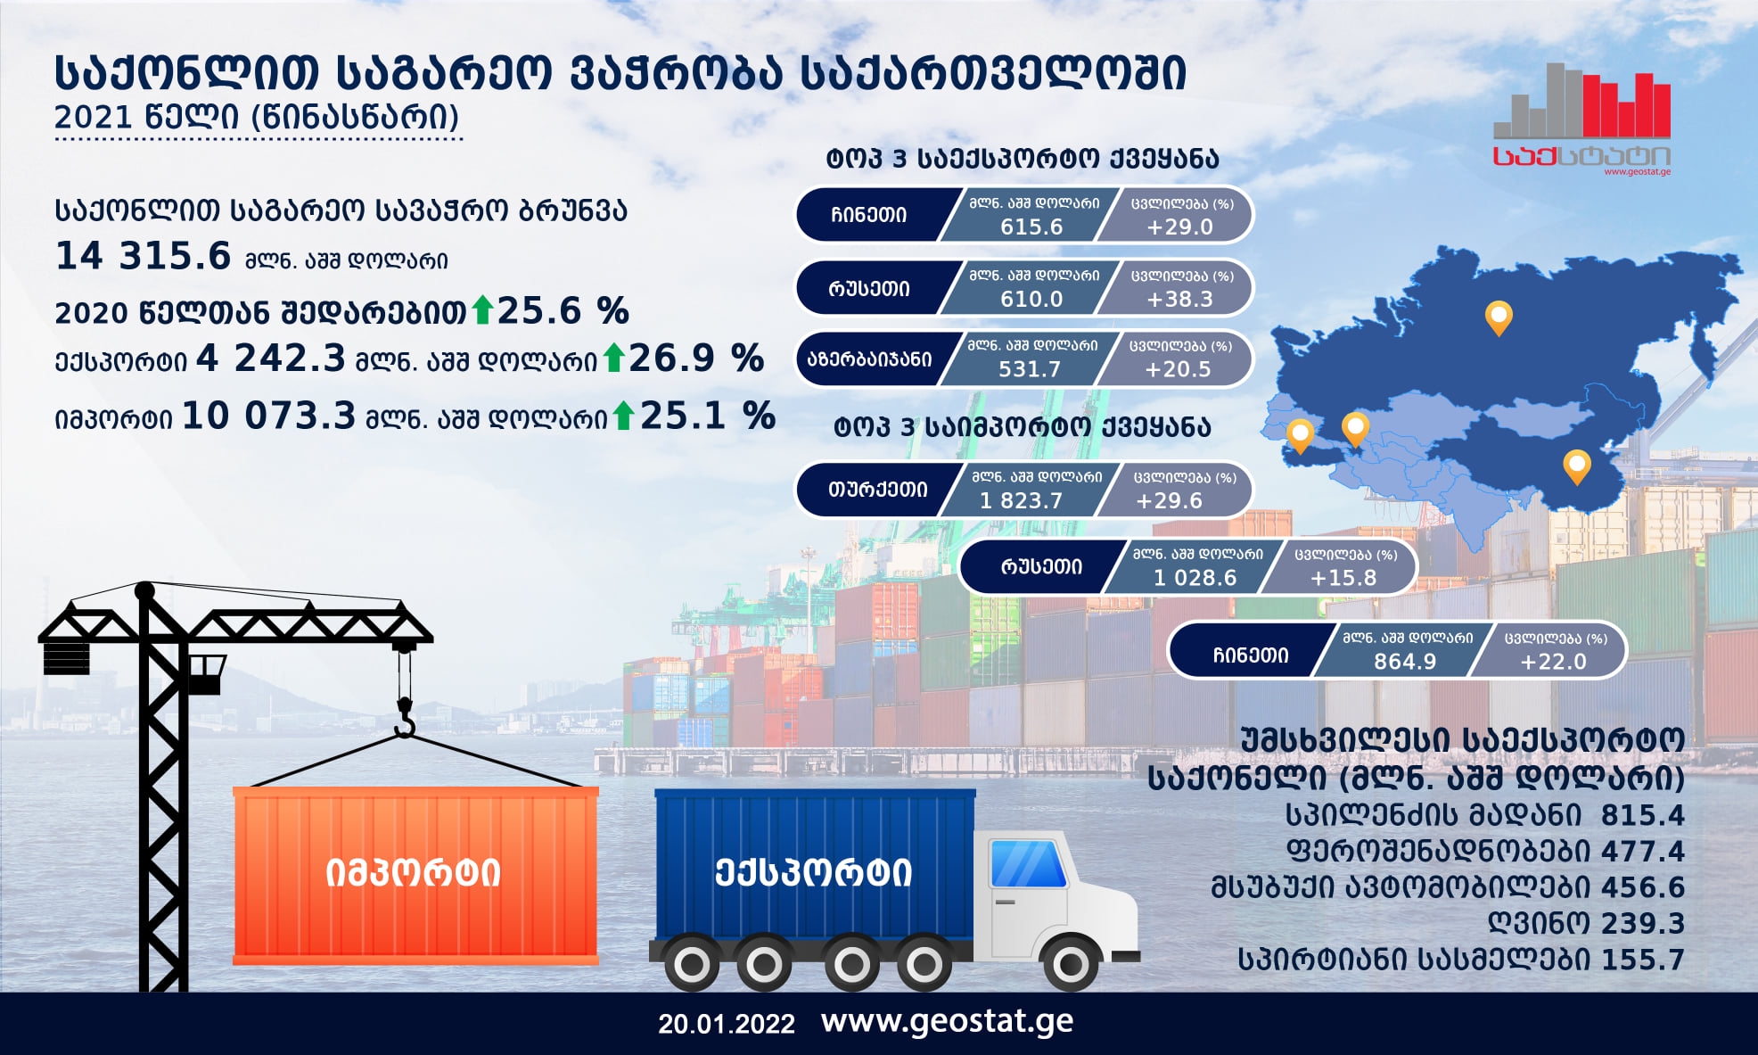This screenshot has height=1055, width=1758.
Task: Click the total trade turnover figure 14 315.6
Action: [x=143, y=256]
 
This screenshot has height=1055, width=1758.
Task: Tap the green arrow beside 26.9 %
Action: [x=613, y=358]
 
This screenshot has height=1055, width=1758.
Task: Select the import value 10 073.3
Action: [x=268, y=416]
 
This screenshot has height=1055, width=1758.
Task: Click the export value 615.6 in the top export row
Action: [x=1031, y=227]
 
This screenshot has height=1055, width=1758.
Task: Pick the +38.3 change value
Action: [x=1179, y=300]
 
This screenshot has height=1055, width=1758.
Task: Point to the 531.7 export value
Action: [x=1030, y=369]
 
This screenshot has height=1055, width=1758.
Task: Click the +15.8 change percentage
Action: [x=1343, y=579]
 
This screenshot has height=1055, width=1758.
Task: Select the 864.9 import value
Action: [x=1405, y=662]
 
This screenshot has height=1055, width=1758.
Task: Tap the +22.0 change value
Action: [x=1553, y=662]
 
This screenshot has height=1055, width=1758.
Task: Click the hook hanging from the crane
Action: [x=405, y=719]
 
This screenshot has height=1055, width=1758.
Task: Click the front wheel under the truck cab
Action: [x=1071, y=963]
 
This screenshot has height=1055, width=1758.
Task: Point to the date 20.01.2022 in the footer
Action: [x=727, y=1024]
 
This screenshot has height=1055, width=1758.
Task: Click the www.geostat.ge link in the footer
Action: [x=947, y=1022]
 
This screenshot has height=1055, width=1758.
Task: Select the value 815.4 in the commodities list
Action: [x=1643, y=815]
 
